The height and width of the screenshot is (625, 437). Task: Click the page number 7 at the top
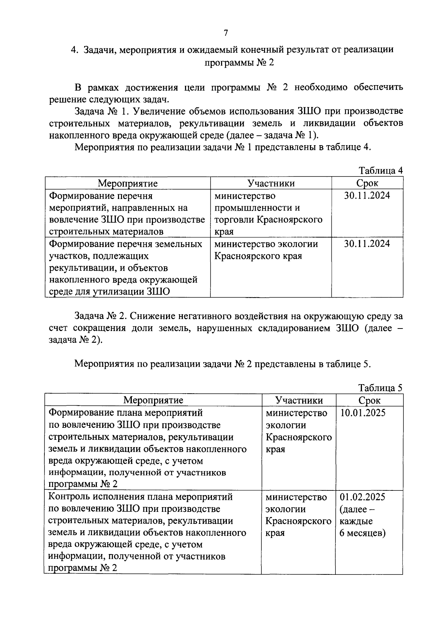(226, 33)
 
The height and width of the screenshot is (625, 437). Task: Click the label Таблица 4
(381, 171)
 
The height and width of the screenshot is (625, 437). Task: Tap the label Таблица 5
(381, 388)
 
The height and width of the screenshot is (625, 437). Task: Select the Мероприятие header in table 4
(128, 183)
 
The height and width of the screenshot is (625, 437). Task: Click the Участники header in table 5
(299, 400)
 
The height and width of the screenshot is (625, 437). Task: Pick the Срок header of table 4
(367, 183)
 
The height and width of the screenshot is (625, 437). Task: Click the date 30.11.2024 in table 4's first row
(367, 196)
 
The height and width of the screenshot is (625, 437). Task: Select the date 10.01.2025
(363, 413)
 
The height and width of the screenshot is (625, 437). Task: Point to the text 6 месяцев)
(363, 533)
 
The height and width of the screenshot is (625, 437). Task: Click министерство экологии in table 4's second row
(266, 244)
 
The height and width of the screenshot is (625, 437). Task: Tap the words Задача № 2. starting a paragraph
(100, 316)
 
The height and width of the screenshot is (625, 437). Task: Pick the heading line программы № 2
(239, 63)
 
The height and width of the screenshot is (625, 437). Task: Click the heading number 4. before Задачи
(75, 49)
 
